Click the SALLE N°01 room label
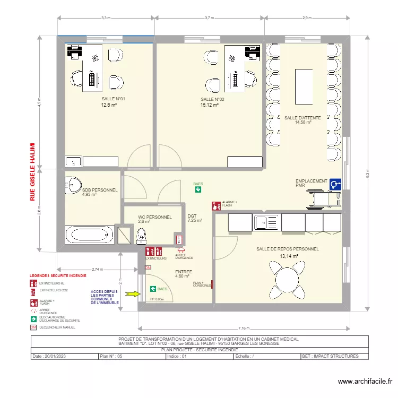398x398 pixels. [x=113, y=99]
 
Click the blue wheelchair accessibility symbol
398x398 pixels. [x=335, y=184]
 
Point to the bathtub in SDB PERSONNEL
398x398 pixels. [x=89, y=234]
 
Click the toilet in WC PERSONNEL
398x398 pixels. [x=141, y=234]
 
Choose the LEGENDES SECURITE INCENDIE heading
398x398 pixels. [x=58, y=276]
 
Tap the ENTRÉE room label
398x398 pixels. [x=183, y=271]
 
